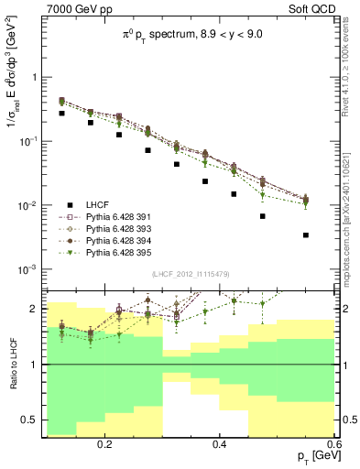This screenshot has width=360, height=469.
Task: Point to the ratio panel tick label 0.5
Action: (x=31, y=420)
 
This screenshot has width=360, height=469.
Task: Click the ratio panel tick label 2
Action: (x=36, y=309)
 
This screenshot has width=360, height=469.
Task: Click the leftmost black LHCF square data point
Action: (x=61, y=114)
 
